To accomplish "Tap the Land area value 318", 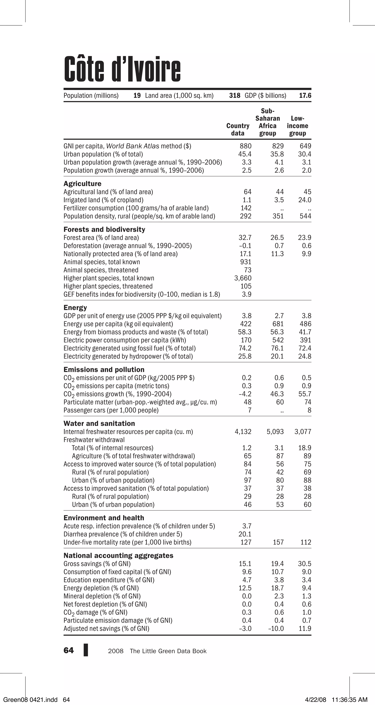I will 235,96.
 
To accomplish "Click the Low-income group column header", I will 298,126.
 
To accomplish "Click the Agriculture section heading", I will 82,184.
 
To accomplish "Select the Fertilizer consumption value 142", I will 246,208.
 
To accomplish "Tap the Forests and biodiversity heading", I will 104,229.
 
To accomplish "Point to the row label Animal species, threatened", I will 101,270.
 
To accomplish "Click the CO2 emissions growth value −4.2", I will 245,394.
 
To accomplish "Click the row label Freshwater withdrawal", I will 94,440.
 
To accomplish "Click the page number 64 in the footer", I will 68,650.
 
